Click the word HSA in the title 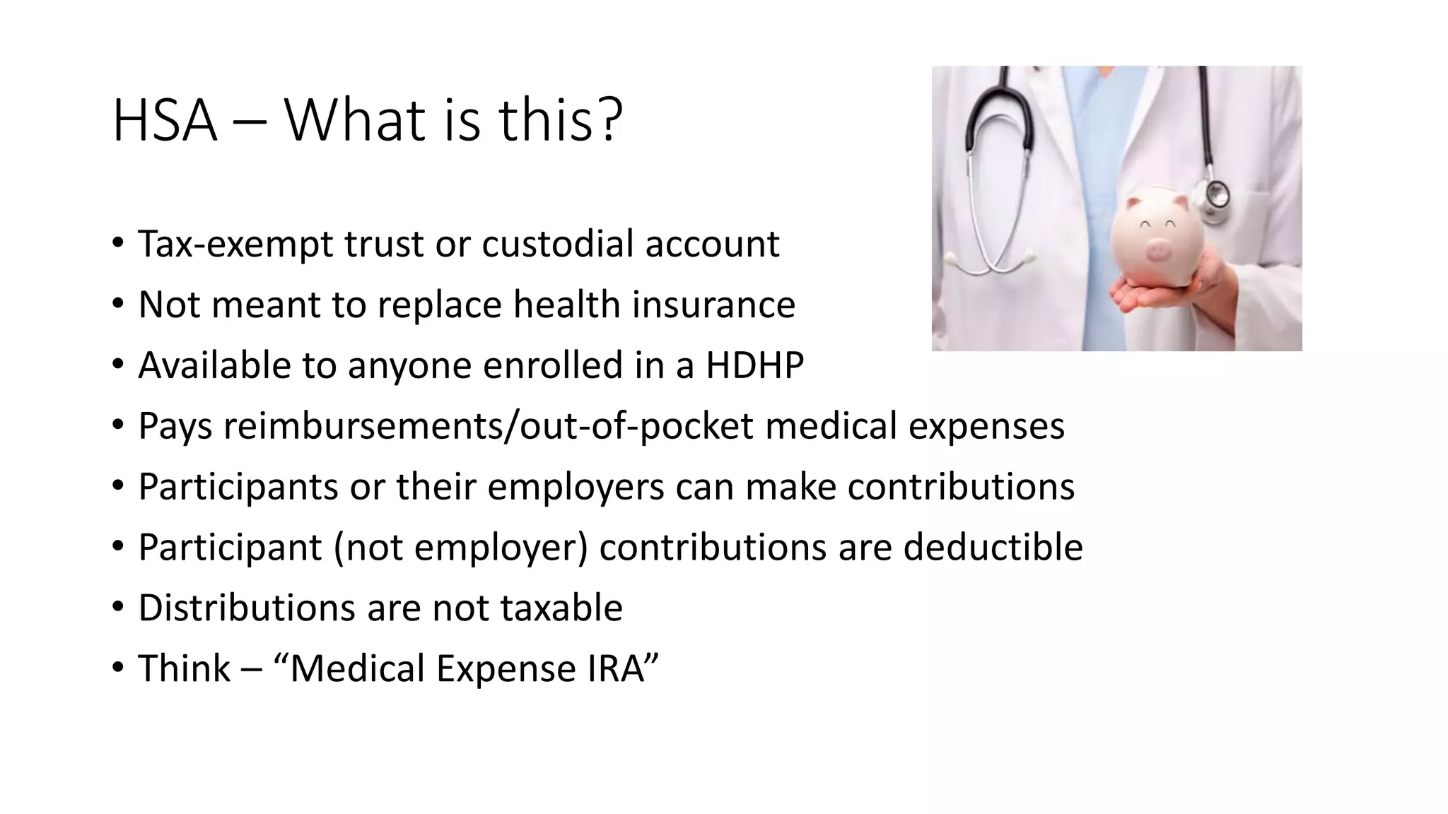pyautogui.click(x=164, y=121)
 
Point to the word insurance pyautogui.click(x=713, y=305)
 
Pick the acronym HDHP pyautogui.click(x=754, y=365)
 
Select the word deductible pyautogui.click(x=993, y=547)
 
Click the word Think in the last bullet pyautogui.click(x=184, y=668)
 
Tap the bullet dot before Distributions pyautogui.click(x=118, y=608)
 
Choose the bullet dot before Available pyautogui.click(x=118, y=365)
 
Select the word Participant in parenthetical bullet pyautogui.click(x=230, y=548)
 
